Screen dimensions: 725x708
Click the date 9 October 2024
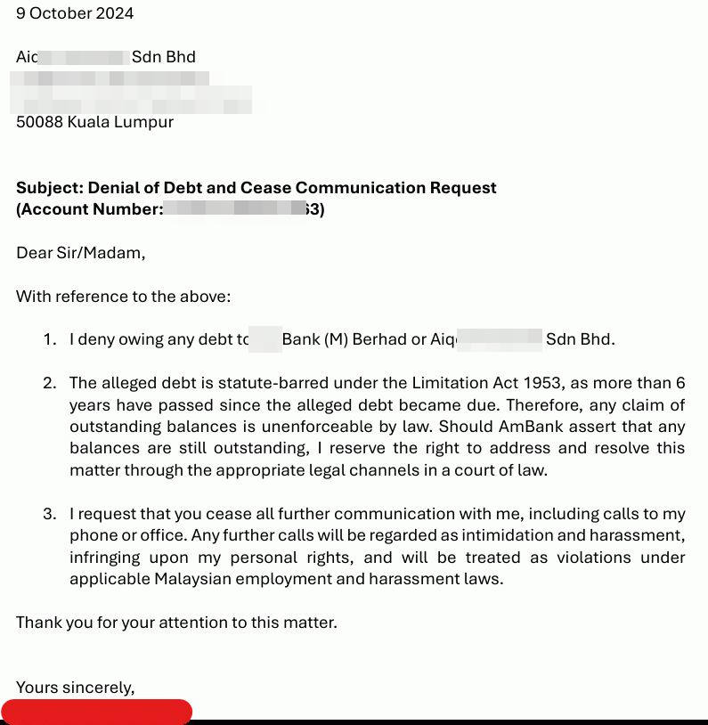coord(75,13)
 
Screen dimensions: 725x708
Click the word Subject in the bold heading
coord(49,188)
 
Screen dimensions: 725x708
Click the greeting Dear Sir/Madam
coord(80,253)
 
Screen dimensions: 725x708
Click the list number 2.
coord(49,383)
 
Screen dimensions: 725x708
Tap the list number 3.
coord(49,514)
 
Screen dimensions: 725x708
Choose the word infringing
coord(105,558)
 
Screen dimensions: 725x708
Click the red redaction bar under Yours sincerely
coord(96,712)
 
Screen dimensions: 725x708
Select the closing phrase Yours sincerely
coord(75,688)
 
